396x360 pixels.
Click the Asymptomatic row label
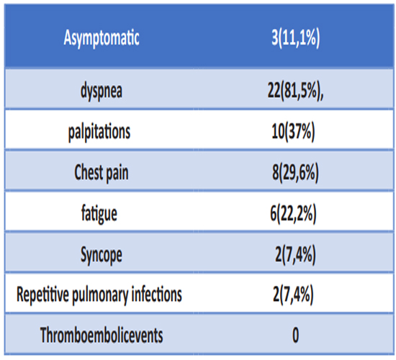click(x=102, y=38)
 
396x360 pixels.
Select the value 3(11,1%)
click(x=296, y=38)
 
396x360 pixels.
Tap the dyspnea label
click(x=102, y=91)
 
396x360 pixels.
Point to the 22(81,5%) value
click(x=293, y=91)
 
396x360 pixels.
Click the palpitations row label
click(x=99, y=132)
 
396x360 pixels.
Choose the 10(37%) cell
click(x=293, y=131)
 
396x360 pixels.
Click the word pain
click(x=117, y=174)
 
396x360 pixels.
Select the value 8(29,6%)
click(x=295, y=173)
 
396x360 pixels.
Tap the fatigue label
click(x=99, y=214)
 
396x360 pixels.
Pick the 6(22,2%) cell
click(x=293, y=213)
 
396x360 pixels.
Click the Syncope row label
click(x=102, y=255)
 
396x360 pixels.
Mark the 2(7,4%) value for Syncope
click(x=295, y=254)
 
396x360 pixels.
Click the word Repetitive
click(x=42, y=294)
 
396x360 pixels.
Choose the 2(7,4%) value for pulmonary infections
click(x=293, y=294)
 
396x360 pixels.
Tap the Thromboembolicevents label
click(x=102, y=336)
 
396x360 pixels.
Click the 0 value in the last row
click(x=295, y=335)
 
